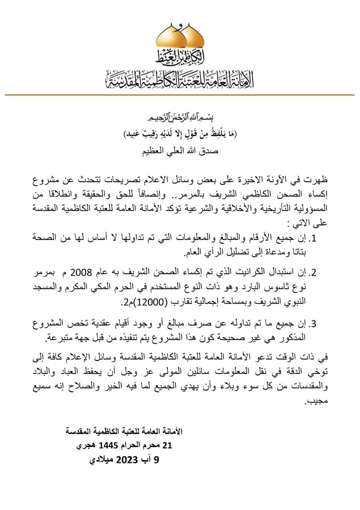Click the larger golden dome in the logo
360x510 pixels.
tap(171, 38)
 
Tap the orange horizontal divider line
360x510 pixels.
tap(180, 95)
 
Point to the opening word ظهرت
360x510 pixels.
tap(316, 179)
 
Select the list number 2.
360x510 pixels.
tap(313, 273)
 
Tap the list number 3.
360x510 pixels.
tap(313, 324)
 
